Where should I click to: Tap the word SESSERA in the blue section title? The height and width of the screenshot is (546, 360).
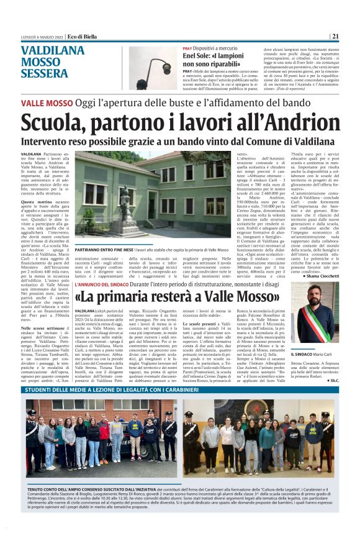(44, 73)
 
